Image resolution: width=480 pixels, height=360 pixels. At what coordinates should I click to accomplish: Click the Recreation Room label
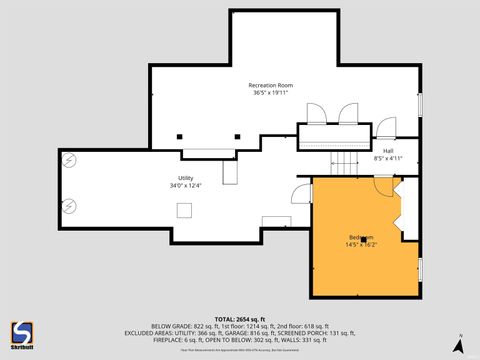(271, 86)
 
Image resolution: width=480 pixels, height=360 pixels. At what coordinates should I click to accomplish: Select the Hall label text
(388, 151)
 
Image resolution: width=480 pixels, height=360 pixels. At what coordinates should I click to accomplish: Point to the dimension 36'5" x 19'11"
(271, 94)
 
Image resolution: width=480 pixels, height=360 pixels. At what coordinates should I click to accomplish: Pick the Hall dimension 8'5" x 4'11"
(388, 158)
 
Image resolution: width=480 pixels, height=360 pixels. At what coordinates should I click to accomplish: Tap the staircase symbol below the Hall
(345, 161)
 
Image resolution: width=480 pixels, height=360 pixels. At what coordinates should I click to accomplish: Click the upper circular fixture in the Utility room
(69, 159)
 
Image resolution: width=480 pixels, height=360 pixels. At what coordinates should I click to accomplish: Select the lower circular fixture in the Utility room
(69, 206)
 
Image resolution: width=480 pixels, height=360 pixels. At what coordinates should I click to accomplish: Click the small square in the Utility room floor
(185, 209)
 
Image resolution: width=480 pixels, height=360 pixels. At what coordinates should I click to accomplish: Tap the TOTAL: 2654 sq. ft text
(240, 317)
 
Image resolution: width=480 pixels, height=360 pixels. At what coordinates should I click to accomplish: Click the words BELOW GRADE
(171, 325)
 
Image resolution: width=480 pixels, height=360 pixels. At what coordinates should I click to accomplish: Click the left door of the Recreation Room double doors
(316, 114)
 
